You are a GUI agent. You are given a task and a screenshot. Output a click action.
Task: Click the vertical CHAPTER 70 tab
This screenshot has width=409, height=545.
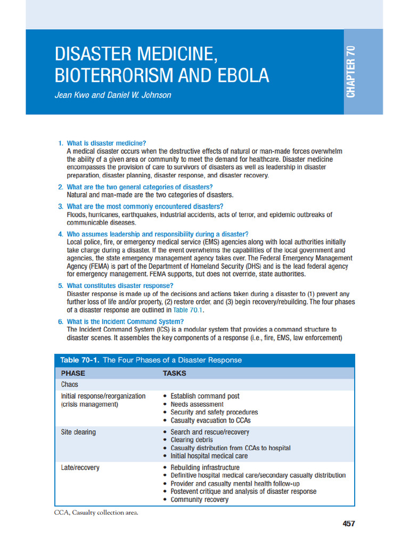pyautogui.click(x=351, y=72)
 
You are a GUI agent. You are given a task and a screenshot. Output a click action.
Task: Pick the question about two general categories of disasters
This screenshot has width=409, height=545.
pyautogui.click(x=140, y=187)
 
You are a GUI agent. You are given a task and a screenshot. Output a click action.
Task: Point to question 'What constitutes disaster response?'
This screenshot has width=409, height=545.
pyautogui.click(x=120, y=286)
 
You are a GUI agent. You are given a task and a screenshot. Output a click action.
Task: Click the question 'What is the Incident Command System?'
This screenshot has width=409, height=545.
pyautogui.click(x=125, y=321)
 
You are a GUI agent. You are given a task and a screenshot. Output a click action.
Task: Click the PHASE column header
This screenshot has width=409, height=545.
pyautogui.click(x=73, y=373)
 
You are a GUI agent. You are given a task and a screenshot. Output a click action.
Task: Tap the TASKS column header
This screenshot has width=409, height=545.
pyautogui.click(x=174, y=373)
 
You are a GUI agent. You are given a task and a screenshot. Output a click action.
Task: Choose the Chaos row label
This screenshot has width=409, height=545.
pyautogui.click(x=70, y=384)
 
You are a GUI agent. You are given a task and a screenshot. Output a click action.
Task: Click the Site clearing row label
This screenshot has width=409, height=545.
pyautogui.click(x=78, y=432)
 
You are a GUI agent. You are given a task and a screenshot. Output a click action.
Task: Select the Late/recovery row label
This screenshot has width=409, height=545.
pyautogui.click(x=80, y=468)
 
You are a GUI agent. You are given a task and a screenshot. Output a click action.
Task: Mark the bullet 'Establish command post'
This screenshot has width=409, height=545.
pyautogui.click(x=205, y=396)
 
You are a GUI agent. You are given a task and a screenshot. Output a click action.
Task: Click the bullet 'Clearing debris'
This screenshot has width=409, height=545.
pyautogui.click(x=192, y=440)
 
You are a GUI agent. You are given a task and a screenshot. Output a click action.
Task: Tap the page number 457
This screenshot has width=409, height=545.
pyautogui.click(x=348, y=524)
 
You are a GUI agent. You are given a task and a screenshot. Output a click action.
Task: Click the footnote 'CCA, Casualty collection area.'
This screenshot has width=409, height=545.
pyautogui.click(x=96, y=513)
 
